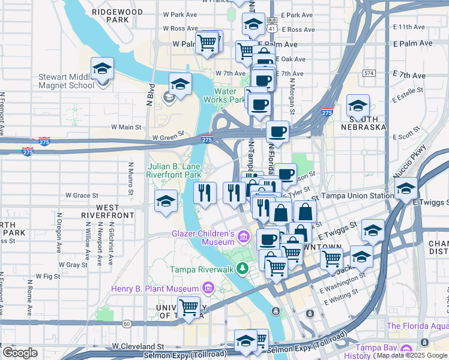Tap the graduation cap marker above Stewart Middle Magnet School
pos(103,69)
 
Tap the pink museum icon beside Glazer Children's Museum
pos(243,238)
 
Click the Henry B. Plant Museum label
pos(156,289)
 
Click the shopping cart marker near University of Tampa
pos(190,308)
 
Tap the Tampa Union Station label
pos(357,196)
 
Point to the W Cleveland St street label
pos(139,347)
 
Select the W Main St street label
pos(126,127)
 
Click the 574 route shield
pos(369,73)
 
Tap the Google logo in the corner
pos(19,353)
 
